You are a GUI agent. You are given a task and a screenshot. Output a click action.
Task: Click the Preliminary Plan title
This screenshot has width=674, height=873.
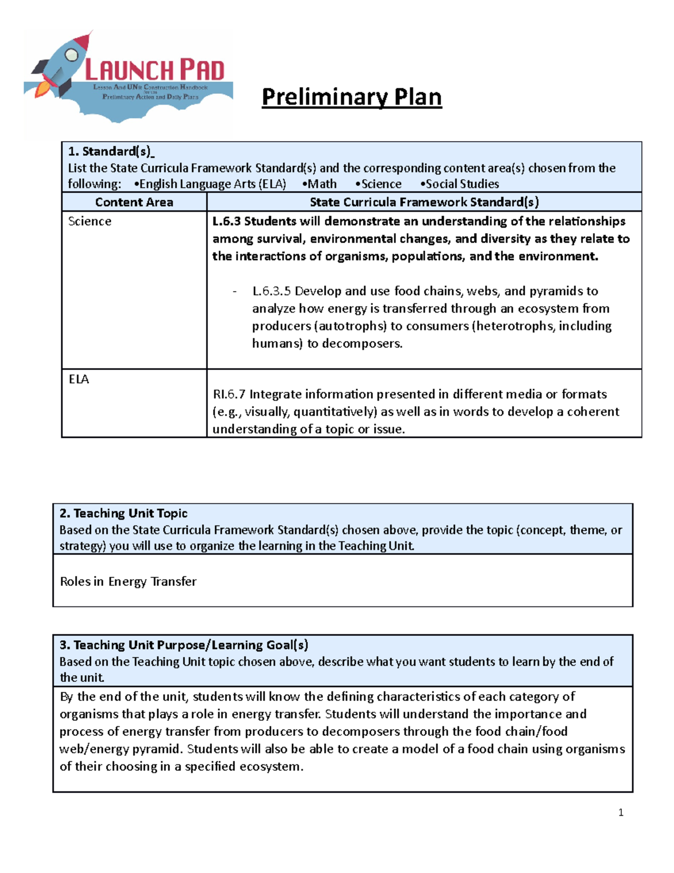coord(352,97)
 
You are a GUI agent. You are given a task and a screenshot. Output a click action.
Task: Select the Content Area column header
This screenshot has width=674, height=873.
coord(134,202)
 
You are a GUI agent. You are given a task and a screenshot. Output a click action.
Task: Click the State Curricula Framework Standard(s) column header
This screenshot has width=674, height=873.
coord(424,202)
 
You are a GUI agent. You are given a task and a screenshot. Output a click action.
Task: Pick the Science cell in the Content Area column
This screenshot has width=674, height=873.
coord(90,221)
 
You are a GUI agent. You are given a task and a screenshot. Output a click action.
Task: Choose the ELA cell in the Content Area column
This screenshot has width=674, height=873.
coord(79,379)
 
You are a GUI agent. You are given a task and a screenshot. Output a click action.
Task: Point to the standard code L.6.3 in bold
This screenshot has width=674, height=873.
coord(226,221)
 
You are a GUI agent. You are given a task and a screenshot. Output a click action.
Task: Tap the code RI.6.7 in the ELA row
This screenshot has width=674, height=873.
coord(229,394)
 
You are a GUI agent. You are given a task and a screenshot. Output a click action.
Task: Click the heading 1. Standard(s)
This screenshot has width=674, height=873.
coord(111,151)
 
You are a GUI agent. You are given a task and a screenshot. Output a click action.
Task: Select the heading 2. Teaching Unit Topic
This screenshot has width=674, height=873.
coord(124,513)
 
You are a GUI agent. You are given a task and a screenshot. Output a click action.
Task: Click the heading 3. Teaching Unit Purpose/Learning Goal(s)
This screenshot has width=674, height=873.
coord(184,645)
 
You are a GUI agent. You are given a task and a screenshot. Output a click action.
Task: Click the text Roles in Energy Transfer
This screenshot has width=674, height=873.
coord(128,582)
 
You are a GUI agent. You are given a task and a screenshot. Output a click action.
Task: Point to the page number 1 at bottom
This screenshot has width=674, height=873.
coord(621,812)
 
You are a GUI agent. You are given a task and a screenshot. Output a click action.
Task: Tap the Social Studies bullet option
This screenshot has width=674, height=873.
coord(461,184)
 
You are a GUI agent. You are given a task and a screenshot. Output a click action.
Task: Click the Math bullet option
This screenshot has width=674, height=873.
coord(320,184)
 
